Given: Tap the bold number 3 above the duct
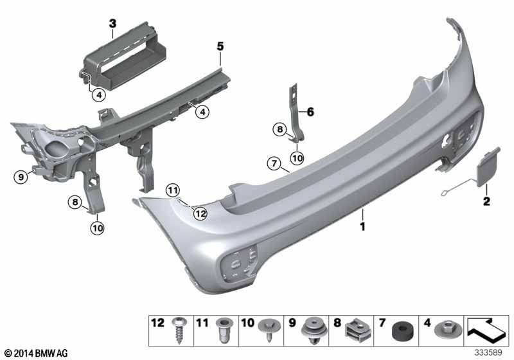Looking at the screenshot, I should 112,24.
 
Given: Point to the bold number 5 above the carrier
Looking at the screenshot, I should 220,46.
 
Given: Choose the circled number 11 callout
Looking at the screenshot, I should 172,190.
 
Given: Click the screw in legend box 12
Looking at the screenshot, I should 176,334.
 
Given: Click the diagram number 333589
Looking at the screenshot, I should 490,353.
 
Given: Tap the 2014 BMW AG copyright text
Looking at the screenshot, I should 31,353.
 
